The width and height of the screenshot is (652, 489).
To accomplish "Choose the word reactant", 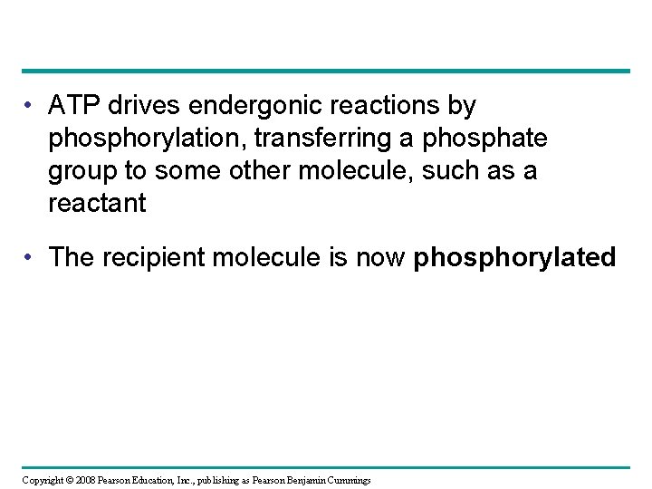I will tap(97, 204).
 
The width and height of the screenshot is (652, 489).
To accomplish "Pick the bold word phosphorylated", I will tap(515, 259).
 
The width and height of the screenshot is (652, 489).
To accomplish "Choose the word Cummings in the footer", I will tap(345, 479).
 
